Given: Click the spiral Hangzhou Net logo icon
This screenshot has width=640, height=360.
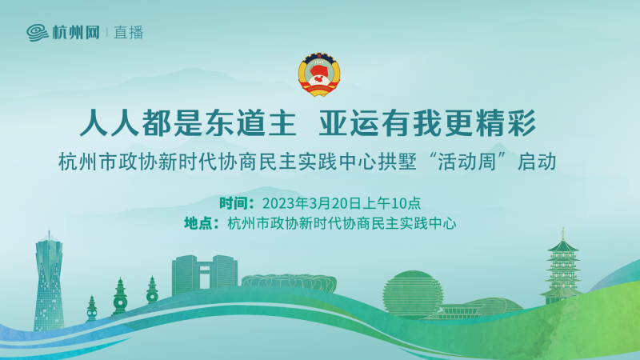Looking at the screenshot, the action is click(38, 33).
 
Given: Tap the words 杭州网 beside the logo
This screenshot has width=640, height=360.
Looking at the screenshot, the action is click(76, 33).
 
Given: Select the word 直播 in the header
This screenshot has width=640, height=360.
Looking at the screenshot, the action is click(129, 33).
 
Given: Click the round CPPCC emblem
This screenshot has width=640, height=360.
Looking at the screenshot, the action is click(319, 74).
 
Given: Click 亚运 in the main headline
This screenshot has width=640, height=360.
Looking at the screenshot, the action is click(349, 123).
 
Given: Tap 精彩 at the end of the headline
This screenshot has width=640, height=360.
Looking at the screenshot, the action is click(506, 123).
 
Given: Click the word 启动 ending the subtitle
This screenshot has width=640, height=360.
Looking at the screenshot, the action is click(537, 162).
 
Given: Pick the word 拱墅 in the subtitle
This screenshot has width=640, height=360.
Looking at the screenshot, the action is click(397, 162).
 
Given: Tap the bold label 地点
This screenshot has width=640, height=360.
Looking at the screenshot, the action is click(198, 223).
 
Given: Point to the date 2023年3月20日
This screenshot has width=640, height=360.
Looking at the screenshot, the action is click(312, 203).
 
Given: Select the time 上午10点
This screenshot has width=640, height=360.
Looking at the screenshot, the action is click(391, 203).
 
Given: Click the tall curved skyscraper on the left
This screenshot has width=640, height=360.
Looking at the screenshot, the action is click(49, 282).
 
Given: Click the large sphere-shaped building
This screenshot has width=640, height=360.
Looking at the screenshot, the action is click(412, 294).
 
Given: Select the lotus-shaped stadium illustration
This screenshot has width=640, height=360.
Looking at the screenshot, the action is click(289, 283).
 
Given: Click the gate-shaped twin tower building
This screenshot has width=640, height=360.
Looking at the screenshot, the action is click(204, 274).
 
